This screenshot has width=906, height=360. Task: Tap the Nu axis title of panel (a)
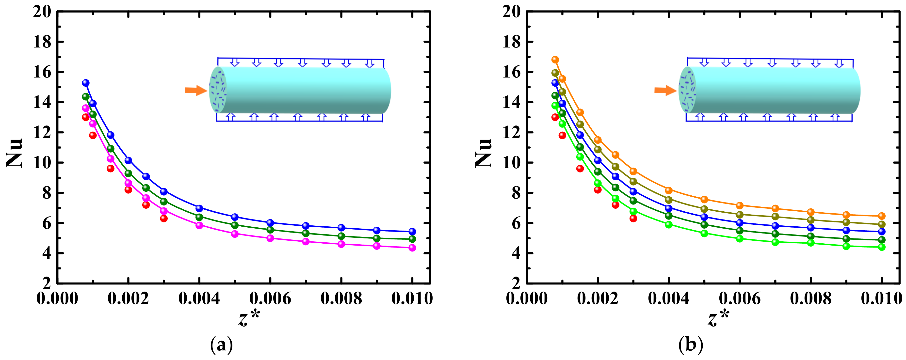[15, 153]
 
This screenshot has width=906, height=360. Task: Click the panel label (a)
[221, 345]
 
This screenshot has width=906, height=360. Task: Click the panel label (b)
[690, 345]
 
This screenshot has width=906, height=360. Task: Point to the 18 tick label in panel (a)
[42, 42]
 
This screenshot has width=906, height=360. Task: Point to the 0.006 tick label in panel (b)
[740, 298]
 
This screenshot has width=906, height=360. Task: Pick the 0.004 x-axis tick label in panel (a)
[199, 298]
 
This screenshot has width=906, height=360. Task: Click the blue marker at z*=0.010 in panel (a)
[412, 231]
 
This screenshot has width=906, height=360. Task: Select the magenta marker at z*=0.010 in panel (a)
[412, 248]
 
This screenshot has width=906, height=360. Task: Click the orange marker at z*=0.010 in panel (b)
[881, 216]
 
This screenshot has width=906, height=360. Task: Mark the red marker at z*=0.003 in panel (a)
[163, 218]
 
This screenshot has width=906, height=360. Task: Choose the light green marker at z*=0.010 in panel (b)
[881, 247]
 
